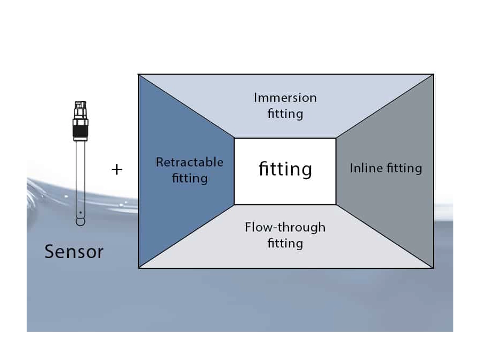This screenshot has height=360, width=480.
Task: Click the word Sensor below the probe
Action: point(74,251)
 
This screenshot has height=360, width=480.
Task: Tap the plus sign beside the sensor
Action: point(117,170)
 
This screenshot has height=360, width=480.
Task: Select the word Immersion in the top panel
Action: point(285,98)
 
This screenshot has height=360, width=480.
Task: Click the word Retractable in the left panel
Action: point(189,162)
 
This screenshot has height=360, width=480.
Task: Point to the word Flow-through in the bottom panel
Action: point(285,227)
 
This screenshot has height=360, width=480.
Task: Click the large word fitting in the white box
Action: point(285,169)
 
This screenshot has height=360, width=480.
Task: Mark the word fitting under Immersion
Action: point(285,114)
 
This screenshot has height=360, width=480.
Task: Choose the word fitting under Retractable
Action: point(189,178)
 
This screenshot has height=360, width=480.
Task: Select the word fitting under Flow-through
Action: point(285,244)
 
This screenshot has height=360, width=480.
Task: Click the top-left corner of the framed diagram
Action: point(139,74)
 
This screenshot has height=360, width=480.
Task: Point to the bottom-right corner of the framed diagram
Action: point(433,268)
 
